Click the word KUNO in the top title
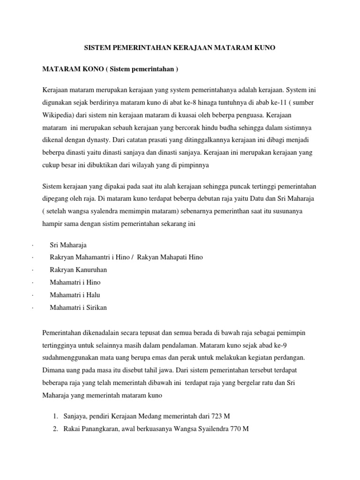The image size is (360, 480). (263, 48)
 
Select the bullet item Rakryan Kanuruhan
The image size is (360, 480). (79, 270)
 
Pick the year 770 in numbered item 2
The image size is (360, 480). (233, 429)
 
